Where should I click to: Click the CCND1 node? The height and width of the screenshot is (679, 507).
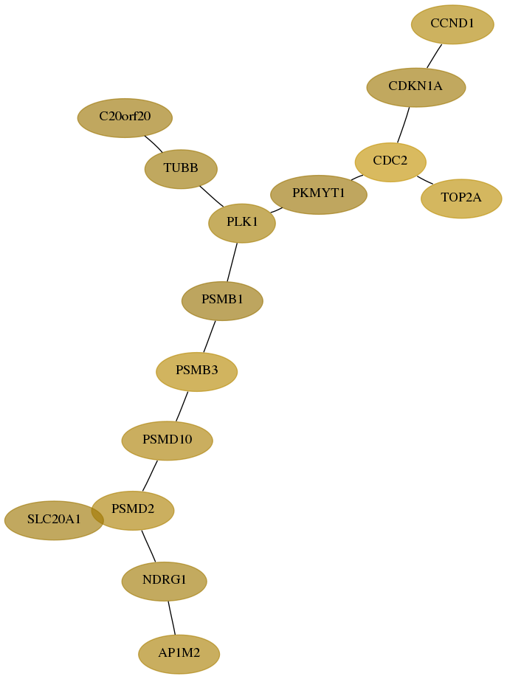pos(452,24)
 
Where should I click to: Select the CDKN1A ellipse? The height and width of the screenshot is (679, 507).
pos(415,87)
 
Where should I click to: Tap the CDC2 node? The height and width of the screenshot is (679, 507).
pos(390,162)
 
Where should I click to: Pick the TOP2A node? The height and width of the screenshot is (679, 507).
pos(461,199)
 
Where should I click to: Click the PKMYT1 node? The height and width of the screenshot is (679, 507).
pos(319,194)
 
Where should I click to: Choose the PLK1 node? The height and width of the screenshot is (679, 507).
pos(242,223)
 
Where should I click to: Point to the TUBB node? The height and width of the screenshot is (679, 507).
pos(181,169)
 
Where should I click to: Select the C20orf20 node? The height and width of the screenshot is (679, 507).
pos(125,118)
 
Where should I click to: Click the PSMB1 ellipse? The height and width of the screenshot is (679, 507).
pos(222,301)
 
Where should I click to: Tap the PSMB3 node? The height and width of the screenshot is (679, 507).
pos(196,371)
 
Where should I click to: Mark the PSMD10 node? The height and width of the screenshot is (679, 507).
pos(167,441)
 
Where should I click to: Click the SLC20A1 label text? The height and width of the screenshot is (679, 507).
pos(54,519)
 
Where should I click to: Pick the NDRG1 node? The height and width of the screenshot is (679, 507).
pos(164,581)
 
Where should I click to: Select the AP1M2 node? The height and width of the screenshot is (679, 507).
pos(179,654)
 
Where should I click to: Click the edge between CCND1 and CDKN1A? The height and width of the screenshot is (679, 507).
pos(434,56)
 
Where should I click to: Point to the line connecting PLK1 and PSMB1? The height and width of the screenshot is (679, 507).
pos(232,262)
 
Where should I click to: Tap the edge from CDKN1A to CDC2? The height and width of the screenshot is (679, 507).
pos(404,125)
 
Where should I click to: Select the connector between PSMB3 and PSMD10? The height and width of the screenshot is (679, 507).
pos(182,406)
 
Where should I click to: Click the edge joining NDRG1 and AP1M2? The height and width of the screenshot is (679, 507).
pos(171,618)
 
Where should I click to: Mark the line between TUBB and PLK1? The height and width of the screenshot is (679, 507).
pos(212,196)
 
